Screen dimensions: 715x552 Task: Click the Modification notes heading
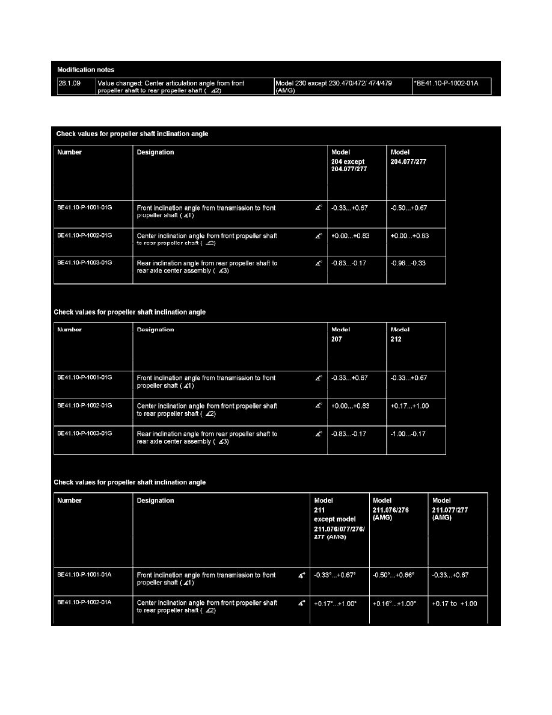(x=82, y=70)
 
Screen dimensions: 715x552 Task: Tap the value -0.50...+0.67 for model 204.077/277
(x=409, y=208)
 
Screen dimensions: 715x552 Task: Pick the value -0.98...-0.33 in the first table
(x=409, y=264)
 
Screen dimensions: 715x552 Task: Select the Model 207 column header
(x=340, y=335)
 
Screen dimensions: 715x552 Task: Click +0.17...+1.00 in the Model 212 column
(x=409, y=406)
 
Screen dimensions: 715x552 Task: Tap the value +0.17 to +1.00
(x=455, y=604)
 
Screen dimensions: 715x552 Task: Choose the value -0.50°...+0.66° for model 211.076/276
(x=394, y=575)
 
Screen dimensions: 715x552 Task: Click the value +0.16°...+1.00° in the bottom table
(x=394, y=604)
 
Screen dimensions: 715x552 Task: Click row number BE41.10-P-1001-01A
(x=84, y=575)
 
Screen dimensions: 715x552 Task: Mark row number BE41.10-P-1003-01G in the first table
(x=85, y=263)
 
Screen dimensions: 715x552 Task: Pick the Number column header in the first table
(x=70, y=152)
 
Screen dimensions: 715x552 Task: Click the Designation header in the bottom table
(x=156, y=501)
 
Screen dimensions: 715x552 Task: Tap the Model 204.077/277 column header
(x=408, y=157)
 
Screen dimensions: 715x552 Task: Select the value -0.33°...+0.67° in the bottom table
(x=335, y=575)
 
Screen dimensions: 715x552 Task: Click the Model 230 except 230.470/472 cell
(x=334, y=87)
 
